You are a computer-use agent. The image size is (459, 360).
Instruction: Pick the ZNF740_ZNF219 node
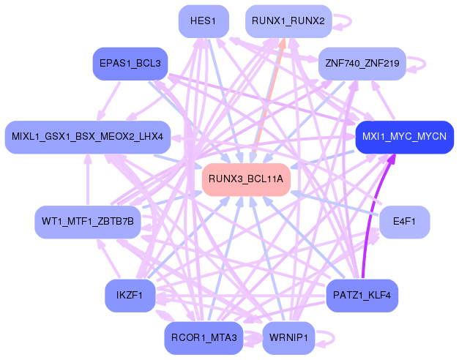361,64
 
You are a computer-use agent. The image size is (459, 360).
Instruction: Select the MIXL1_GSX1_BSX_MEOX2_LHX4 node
88,137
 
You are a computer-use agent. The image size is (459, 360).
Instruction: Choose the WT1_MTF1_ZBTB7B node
88,222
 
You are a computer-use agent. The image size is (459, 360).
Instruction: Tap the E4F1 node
404,222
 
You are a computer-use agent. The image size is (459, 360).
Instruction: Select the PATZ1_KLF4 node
362,296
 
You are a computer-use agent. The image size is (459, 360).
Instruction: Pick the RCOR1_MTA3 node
204,338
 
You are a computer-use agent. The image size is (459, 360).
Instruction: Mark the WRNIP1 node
288,338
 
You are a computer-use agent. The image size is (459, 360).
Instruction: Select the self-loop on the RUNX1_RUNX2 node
344,22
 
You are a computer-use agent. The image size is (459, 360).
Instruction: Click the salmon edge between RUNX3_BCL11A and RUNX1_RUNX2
267,95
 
